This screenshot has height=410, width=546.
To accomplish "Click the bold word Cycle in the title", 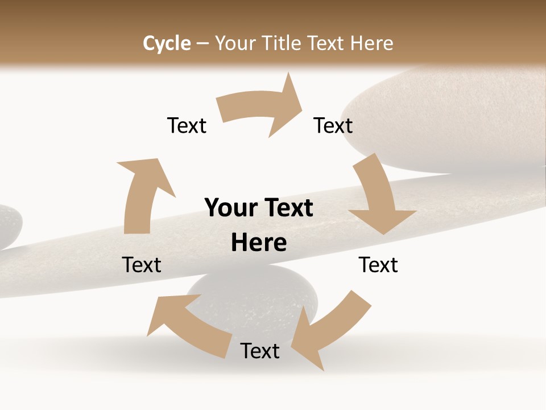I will pos(167,43).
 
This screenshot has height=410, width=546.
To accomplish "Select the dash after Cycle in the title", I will pos(202,43).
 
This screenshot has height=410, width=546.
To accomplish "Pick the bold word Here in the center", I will pos(259,243).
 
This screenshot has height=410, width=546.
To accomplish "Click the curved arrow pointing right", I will pos(262,108).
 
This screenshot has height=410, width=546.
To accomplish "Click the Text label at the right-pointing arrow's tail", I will pos(187,125).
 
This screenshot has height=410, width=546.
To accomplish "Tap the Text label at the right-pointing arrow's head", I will pos(333,125).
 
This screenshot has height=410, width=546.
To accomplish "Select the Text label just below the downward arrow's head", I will pos(378,265).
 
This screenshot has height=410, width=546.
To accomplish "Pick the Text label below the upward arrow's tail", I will pos(142,265).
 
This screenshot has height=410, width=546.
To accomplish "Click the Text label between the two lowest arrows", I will pos(260,351).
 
